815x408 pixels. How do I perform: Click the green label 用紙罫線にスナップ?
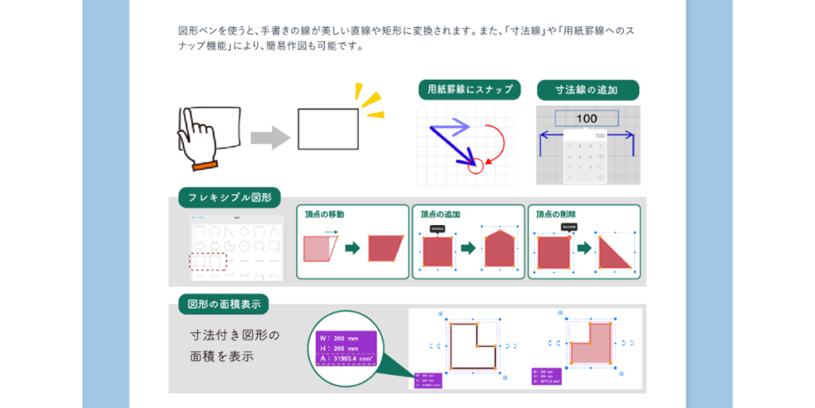470,89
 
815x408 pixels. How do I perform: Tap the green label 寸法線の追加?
587,89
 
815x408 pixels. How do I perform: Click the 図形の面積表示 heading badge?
224,304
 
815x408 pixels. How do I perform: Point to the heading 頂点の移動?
325,215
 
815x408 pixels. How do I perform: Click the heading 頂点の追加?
440,215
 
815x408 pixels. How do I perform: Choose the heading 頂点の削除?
556,215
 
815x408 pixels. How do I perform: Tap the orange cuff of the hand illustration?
205,165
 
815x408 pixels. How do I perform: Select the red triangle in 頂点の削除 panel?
614,251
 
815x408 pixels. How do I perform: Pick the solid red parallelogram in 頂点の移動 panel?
388,249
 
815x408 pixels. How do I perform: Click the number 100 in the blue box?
587,119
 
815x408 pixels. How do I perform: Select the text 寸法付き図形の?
235,335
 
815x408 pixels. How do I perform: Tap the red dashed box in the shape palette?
209,261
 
